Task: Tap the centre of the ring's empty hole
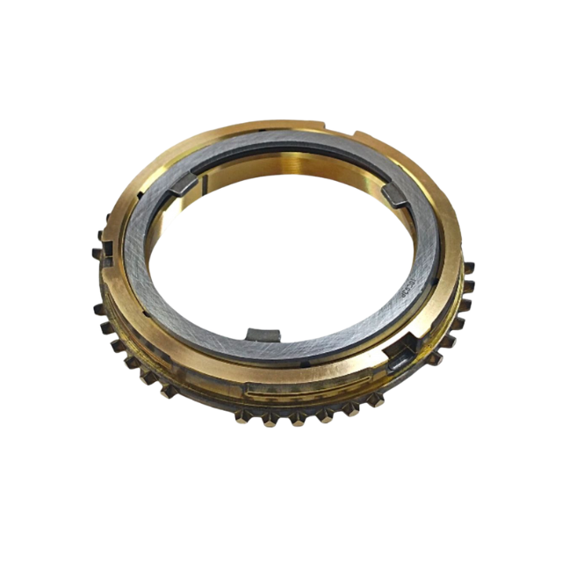point(281,255)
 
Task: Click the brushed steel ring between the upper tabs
point(290,149)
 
